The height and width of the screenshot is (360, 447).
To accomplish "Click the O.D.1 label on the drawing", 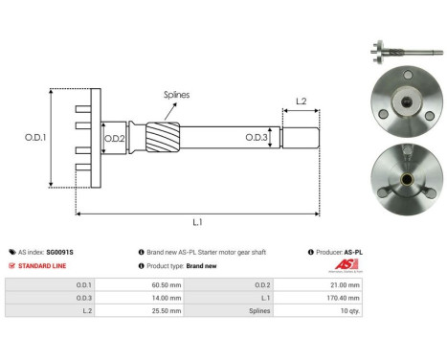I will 35,137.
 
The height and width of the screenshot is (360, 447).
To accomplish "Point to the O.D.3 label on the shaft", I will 256,137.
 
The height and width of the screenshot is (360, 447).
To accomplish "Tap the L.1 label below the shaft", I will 196,222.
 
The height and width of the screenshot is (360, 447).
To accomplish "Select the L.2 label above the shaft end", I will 300,101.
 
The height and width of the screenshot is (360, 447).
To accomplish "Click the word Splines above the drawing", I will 175,95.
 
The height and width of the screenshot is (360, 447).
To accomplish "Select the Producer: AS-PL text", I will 336,252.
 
